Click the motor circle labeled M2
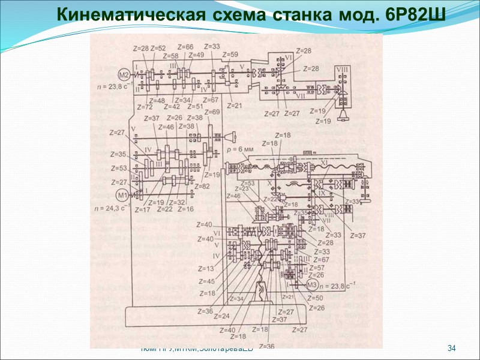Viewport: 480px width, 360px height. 124,75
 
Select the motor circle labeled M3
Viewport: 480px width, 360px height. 312,285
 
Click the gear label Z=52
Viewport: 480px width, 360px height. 158,48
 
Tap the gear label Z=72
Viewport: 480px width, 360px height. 145,107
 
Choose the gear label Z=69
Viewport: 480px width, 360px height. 211,112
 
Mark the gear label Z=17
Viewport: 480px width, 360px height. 142,209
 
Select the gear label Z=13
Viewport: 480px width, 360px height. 206,269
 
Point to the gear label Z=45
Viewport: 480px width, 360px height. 207,281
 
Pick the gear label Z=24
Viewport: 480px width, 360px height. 221,316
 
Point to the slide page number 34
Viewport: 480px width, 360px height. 452,349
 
